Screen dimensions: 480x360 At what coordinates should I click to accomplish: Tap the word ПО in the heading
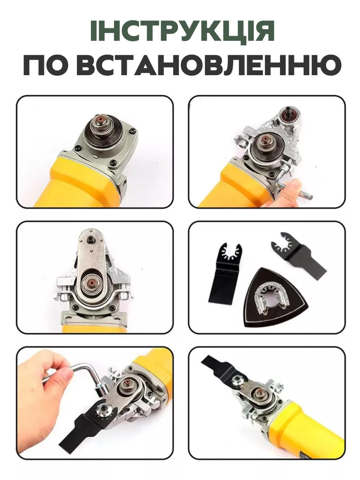(x=45, y=65)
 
